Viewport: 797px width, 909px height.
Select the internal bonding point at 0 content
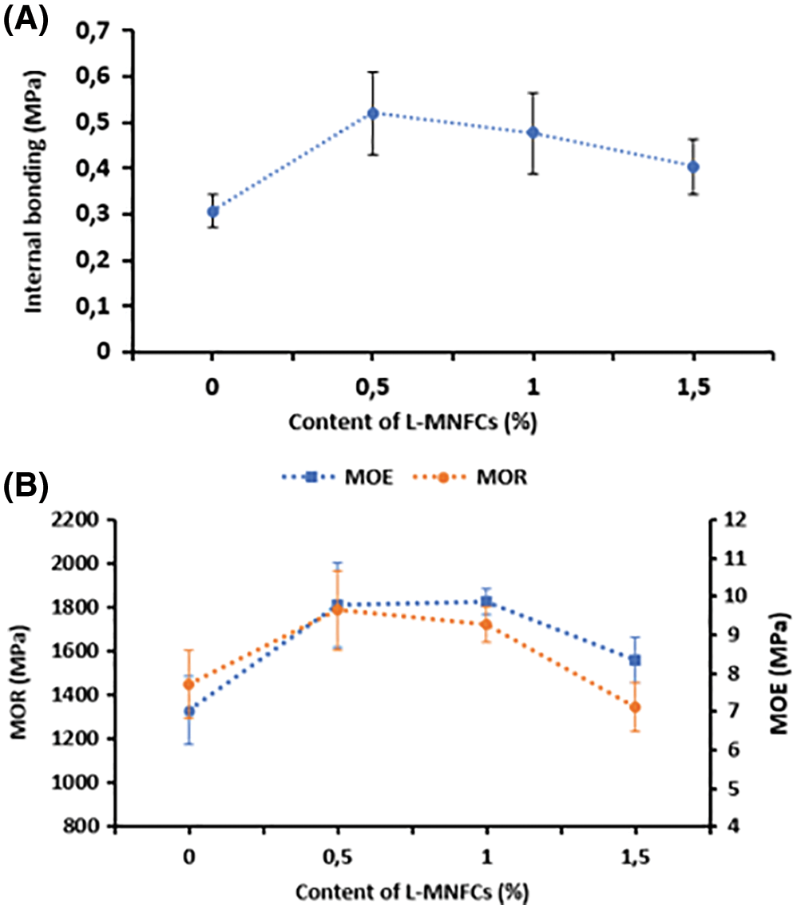pyautogui.click(x=213, y=212)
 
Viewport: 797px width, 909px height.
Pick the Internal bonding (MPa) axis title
pyautogui.click(x=34, y=189)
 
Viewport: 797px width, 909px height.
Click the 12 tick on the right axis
pyautogui.click(x=734, y=520)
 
